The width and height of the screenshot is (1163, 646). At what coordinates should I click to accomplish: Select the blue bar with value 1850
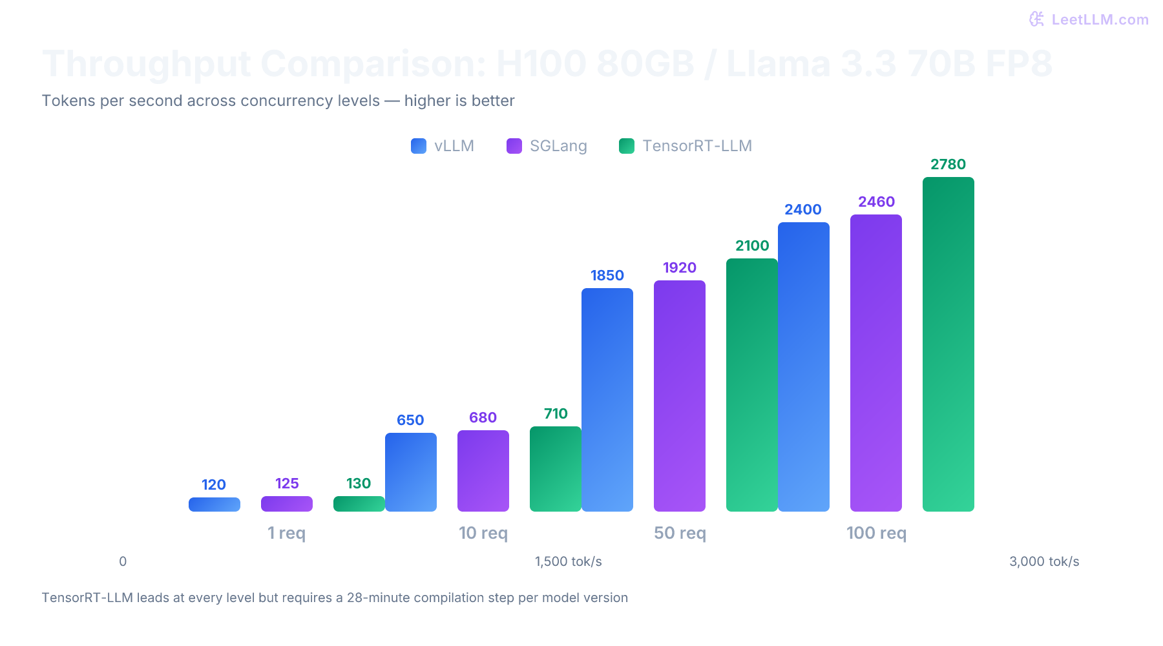tap(607, 400)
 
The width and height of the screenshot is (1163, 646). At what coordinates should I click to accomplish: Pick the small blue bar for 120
tap(214, 505)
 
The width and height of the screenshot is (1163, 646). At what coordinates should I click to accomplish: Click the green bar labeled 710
tap(555, 469)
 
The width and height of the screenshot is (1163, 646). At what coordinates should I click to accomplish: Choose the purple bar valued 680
tap(483, 471)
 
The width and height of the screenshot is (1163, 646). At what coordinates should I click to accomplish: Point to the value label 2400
tap(802, 209)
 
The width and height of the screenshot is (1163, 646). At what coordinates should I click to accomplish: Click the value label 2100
tap(751, 245)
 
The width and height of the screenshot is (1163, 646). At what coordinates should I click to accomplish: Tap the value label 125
tap(287, 483)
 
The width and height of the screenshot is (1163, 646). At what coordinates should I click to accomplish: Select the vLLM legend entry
tap(443, 146)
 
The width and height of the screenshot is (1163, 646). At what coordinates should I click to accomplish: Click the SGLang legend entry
tap(547, 146)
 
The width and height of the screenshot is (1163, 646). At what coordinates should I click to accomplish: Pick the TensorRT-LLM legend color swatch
tap(626, 146)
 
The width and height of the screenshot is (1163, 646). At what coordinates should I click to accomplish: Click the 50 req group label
tap(680, 533)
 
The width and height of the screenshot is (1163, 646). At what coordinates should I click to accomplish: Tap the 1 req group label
tap(286, 533)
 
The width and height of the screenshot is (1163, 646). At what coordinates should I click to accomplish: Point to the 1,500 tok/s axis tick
tap(568, 561)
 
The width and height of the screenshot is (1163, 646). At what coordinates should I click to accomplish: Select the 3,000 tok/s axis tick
tap(1043, 561)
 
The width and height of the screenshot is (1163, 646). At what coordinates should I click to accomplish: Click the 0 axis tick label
tap(123, 561)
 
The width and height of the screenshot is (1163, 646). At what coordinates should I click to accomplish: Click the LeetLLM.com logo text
tap(1099, 19)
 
